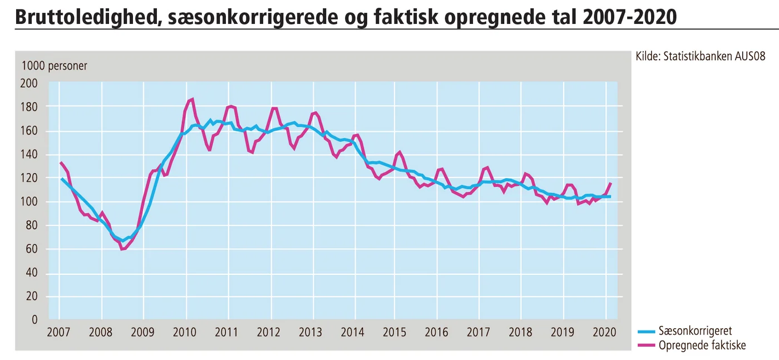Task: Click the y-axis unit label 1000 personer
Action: pos(54,66)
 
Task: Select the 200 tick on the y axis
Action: pos(29,83)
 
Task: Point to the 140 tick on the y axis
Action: pos(29,155)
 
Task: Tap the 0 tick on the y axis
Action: pos(34,320)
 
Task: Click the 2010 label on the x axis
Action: pos(185,333)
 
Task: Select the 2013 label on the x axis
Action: pos(310,333)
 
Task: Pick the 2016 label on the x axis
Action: pos(436,333)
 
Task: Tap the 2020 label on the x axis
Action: pos(604,333)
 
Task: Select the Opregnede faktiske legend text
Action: pos(702,346)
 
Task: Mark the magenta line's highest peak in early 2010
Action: pos(192,100)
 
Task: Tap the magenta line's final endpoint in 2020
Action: pos(611,183)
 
